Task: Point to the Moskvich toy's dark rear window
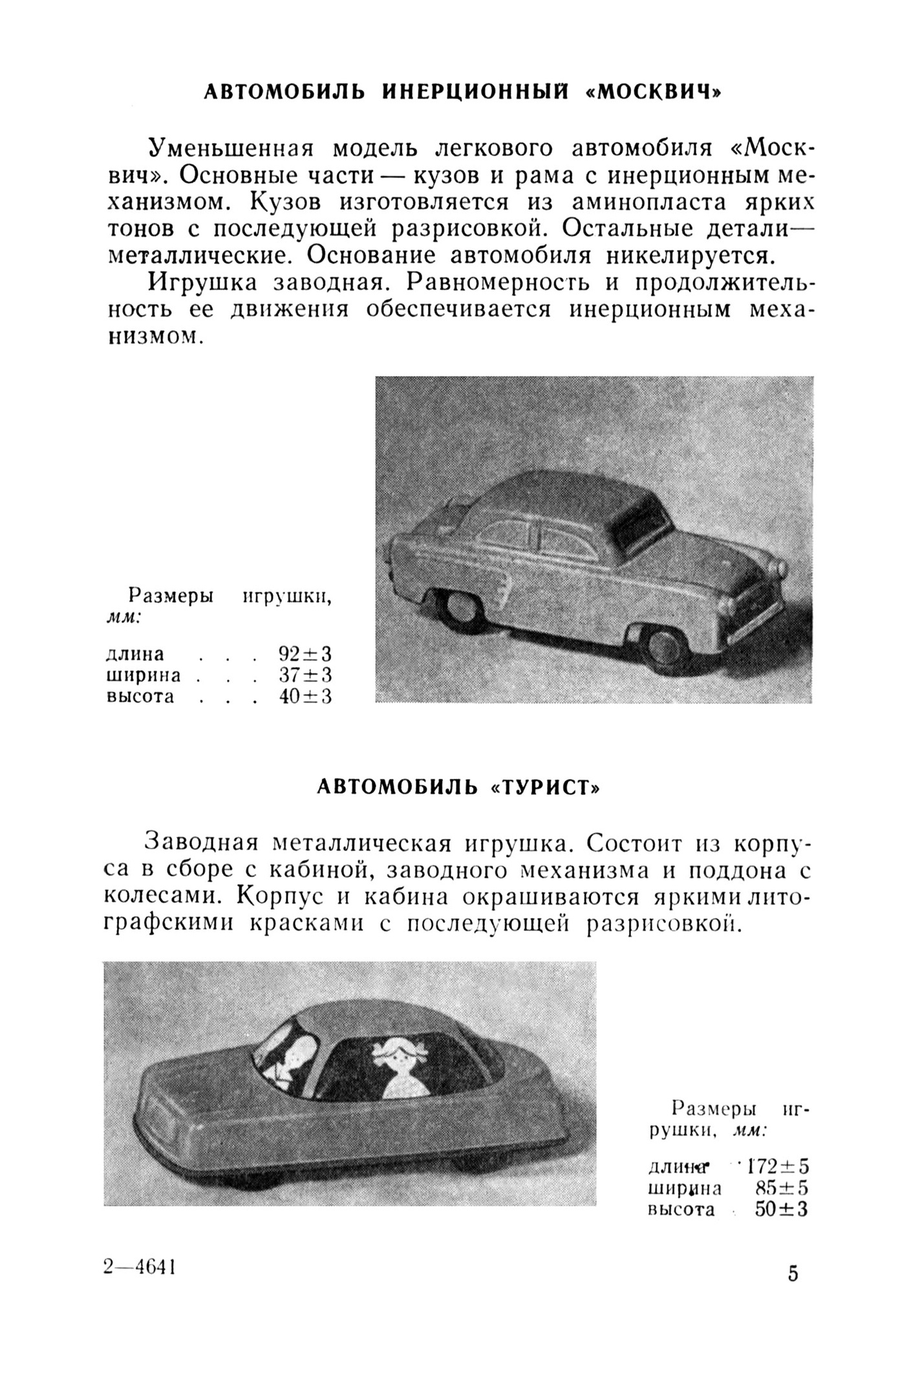(641, 521)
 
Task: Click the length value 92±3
(305, 653)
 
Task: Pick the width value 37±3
(305, 675)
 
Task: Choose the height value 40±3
(305, 697)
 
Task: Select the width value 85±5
(782, 1188)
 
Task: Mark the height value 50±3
(782, 1209)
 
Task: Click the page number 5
(793, 1273)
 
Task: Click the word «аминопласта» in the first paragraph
(653, 202)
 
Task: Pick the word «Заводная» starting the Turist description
(200, 842)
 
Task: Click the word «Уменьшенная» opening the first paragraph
(231, 148)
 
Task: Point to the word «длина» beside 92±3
(134, 653)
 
